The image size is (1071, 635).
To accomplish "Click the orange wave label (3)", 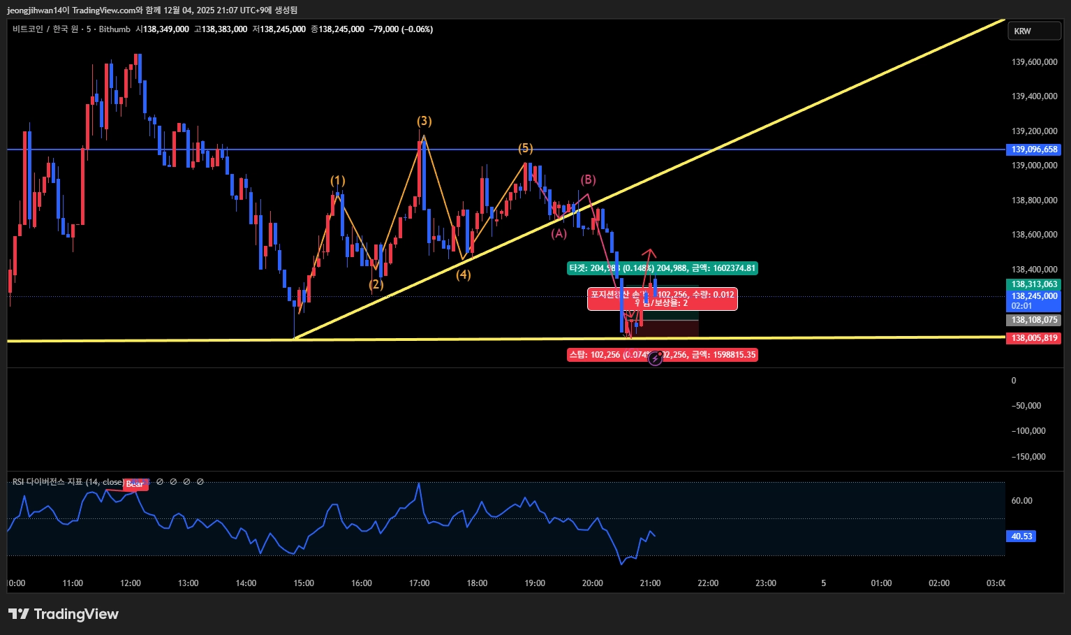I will tap(424, 122).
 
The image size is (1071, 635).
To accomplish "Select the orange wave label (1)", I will tap(338, 181).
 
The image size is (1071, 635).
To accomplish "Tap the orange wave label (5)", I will tap(525, 148).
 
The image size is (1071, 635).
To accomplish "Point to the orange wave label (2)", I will tap(376, 284).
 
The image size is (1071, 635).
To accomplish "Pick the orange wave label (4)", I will tap(464, 275).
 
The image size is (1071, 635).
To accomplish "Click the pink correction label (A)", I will tap(559, 234).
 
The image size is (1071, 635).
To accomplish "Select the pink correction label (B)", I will tap(588, 180).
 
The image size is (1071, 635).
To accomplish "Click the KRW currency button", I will tap(1034, 31).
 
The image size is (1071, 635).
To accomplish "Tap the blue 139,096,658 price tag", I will tap(1034, 149).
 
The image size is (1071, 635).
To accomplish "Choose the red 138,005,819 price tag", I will tap(1034, 338).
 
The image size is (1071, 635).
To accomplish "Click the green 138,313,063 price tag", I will tap(1034, 284).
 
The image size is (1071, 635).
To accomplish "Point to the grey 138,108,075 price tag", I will tap(1034, 320).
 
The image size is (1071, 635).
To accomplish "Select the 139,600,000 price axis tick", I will tap(1034, 62).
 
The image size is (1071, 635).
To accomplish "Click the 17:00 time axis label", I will tap(419, 583).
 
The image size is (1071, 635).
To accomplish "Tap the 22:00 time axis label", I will tap(708, 583).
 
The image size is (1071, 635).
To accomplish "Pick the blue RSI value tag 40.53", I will tap(1021, 537).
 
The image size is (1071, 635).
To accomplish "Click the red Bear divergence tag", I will tap(135, 484).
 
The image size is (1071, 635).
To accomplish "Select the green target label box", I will tap(662, 268).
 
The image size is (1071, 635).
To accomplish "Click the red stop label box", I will tap(662, 355).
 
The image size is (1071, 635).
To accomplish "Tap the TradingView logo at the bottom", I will tap(64, 614).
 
